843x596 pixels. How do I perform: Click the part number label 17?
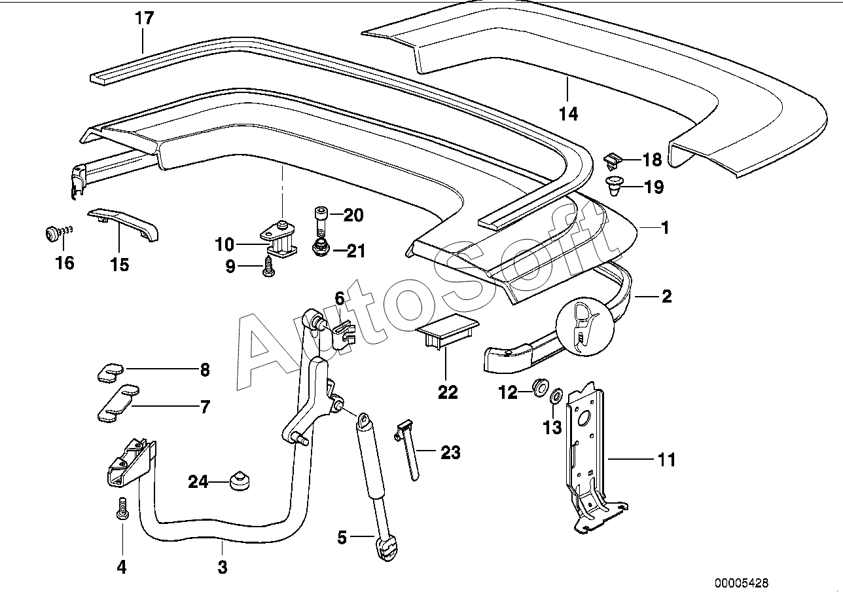click(144, 18)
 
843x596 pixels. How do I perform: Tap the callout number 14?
click(569, 114)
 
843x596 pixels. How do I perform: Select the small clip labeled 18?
click(612, 158)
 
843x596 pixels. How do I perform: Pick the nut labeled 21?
click(320, 248)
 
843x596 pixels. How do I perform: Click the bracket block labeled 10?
click(280, 240)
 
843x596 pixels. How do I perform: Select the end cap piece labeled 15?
click(124, 223)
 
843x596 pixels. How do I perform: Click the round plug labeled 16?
click(51, 233)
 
